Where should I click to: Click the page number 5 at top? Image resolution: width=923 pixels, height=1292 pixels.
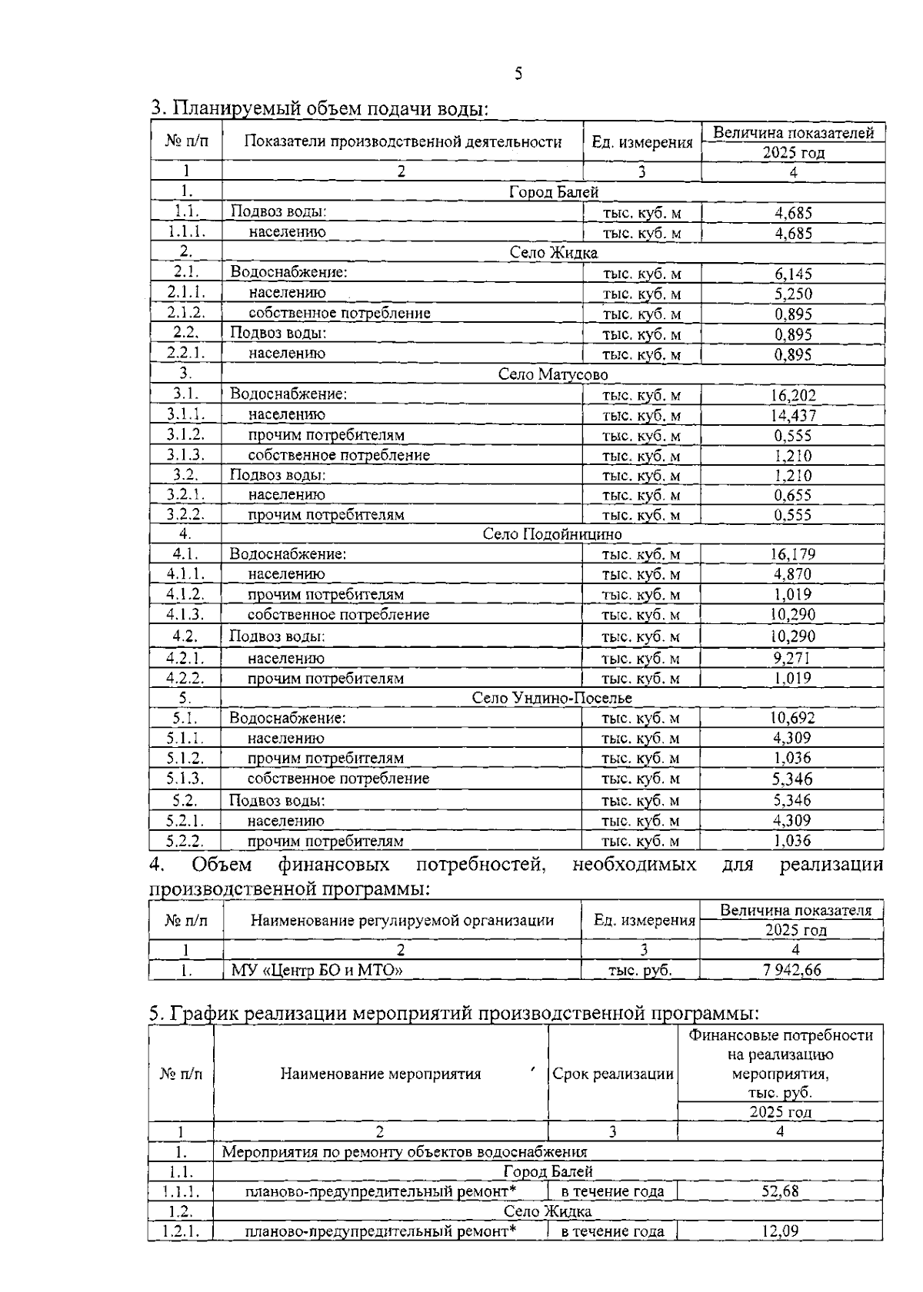click(x=518, y=74)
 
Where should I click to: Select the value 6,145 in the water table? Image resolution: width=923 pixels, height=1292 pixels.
click(x=792, y=274)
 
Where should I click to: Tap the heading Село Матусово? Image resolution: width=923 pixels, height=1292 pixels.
click(x=552, y=374)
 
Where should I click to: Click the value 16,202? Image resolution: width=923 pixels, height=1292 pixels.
click(x=792, y=395)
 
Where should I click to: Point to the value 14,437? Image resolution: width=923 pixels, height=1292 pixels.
click(x=792, y=415)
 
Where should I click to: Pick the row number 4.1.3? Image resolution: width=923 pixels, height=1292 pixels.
click(x=185, y=614)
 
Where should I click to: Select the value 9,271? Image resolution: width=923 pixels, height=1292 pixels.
click(x=792, y=658)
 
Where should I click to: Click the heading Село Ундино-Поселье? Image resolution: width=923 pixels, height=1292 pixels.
click(x=551, y=698)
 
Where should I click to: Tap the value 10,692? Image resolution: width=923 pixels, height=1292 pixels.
click(x=792, y=718)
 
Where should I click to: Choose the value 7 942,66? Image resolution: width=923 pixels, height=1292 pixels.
click(x=791, y=970)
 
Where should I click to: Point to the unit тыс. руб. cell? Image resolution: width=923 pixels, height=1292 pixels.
click(x=640, y=970)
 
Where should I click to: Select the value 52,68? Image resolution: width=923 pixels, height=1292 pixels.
click(x=779, y=1191)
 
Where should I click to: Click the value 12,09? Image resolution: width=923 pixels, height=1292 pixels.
click(x=779, y=1231)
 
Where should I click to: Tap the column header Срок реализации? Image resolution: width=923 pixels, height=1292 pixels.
click(x=613, y=1074)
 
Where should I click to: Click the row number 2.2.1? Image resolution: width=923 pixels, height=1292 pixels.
click(x=185, y=354)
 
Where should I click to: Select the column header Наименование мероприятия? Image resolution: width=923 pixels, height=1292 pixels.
click(x=380, y=1074)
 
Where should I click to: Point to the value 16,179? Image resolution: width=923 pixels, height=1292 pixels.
click(x=792, y=554)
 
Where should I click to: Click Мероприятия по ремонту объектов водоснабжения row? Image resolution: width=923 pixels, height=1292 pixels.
click(x=405, y=1151)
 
